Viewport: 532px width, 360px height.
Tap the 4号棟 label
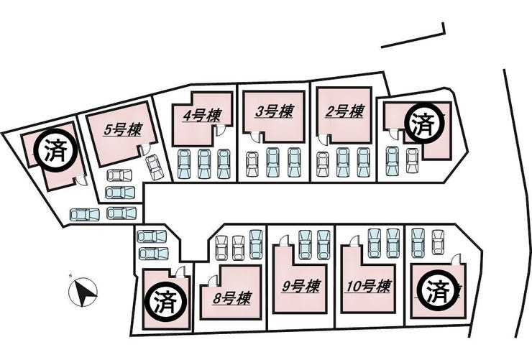click(x=201, y=116)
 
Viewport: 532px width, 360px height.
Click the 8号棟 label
click(x=231, y=297)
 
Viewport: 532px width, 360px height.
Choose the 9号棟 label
click(x=300, y=286)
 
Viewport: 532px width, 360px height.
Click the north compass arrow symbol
click(x=84, y=291)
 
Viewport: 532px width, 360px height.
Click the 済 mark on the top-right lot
click(x=424, y=124)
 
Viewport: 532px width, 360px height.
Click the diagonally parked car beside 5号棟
click(x=155, y=167)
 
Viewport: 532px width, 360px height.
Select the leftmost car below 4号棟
click(x=184, y=163)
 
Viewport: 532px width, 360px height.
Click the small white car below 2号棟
click(x=323, y=164)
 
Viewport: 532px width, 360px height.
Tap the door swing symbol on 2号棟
click(x=324, y=139)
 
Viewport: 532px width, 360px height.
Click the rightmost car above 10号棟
click(x=393, y=243)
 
